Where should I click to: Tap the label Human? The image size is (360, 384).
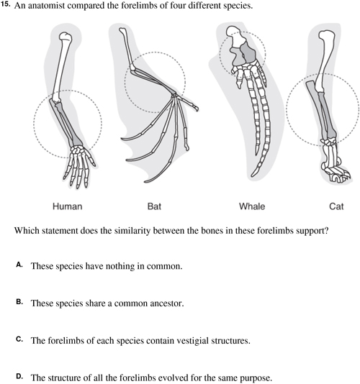(x=67, y=206)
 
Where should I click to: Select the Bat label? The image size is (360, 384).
(x=154, y=206)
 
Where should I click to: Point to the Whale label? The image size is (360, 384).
(x=252, y=206)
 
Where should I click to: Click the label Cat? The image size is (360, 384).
(x=336, y=206)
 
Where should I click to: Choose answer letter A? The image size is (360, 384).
(x=19, y=265)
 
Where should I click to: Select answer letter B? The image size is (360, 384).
(x=19, y=302)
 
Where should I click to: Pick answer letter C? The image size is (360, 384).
(x=19, y=339)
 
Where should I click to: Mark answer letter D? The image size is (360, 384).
(x=19, y=376)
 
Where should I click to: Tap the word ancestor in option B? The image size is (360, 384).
(x=167, y=303)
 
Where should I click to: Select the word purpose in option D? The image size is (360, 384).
(x=256, y=378)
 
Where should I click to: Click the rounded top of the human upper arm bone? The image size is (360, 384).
(x=66, y=37)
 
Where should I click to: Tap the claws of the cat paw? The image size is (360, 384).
(x=341, y=177)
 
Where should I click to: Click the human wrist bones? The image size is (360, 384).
(x=78, y=150)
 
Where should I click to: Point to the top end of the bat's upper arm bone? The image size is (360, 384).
(x=122, y=31)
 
